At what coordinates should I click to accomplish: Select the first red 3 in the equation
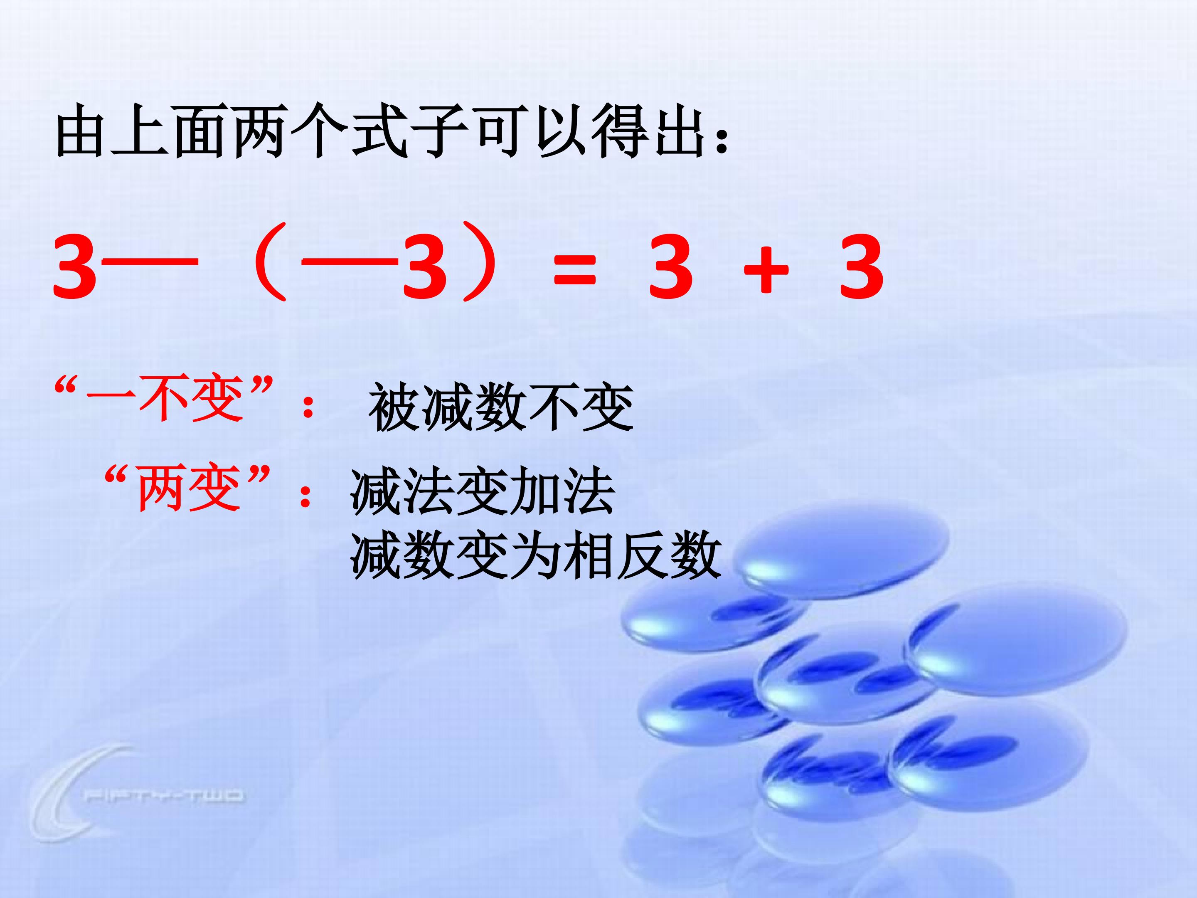pyautogui.click(x=75, y=267)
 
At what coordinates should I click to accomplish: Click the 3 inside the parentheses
pyautogui.click(x=425, y=267)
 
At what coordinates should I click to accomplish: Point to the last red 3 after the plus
pyautogui.click(x=862, y=267)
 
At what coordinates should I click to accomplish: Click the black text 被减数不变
pyautogui.click(x=500, y=407)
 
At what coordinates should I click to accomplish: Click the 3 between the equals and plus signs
pyautogui.click(x=671, y=267)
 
